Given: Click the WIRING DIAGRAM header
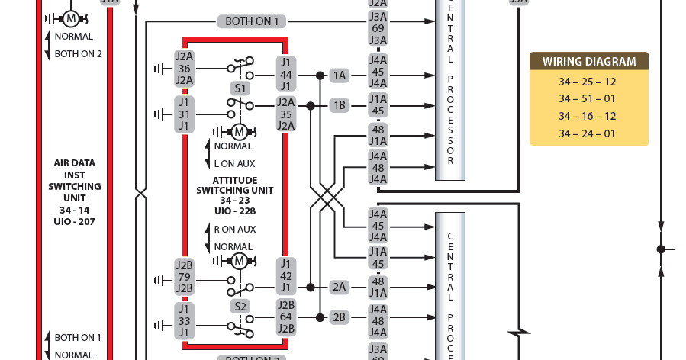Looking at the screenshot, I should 588,62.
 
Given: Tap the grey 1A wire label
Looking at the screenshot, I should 339,76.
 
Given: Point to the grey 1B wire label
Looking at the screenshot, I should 339,105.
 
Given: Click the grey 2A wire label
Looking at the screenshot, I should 339,288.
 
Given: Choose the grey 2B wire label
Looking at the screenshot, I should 339,317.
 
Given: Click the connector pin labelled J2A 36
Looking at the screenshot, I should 184,69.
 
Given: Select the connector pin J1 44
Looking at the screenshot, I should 286,75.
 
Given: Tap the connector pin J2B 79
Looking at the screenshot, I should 184,276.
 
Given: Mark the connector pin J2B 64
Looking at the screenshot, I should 286,317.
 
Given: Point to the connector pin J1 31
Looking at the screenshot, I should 184,114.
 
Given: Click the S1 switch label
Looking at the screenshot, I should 240,88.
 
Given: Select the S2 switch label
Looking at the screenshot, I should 240,306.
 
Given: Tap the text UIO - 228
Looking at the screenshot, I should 234,211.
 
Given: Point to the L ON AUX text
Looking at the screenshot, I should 234,163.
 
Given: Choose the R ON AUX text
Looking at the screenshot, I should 234,229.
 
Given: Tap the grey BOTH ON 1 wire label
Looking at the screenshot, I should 252,21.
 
